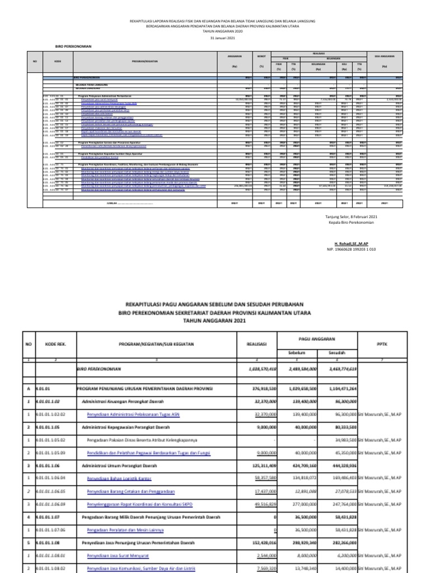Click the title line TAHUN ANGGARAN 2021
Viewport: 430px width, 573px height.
coord(215,321)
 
